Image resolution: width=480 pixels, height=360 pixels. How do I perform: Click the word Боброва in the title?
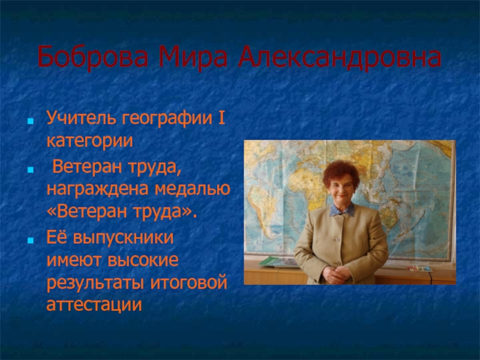[93, 57]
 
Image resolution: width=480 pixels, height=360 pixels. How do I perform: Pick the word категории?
[89, 141]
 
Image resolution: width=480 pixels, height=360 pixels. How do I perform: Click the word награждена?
[98, 189]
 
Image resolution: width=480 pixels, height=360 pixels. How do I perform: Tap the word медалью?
[192, 188]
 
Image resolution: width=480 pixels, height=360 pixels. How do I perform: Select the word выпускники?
[123, 238]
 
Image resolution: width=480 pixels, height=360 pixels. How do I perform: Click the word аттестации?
[94, 305]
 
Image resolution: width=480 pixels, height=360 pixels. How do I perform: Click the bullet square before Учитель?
[31, 121]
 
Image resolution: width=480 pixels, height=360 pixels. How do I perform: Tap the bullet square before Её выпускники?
[31, 241]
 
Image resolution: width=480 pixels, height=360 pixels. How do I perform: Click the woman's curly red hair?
[341, 173]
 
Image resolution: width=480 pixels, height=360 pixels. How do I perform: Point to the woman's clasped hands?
[336, 274]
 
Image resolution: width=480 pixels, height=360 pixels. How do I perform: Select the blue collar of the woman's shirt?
[342, 211]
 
